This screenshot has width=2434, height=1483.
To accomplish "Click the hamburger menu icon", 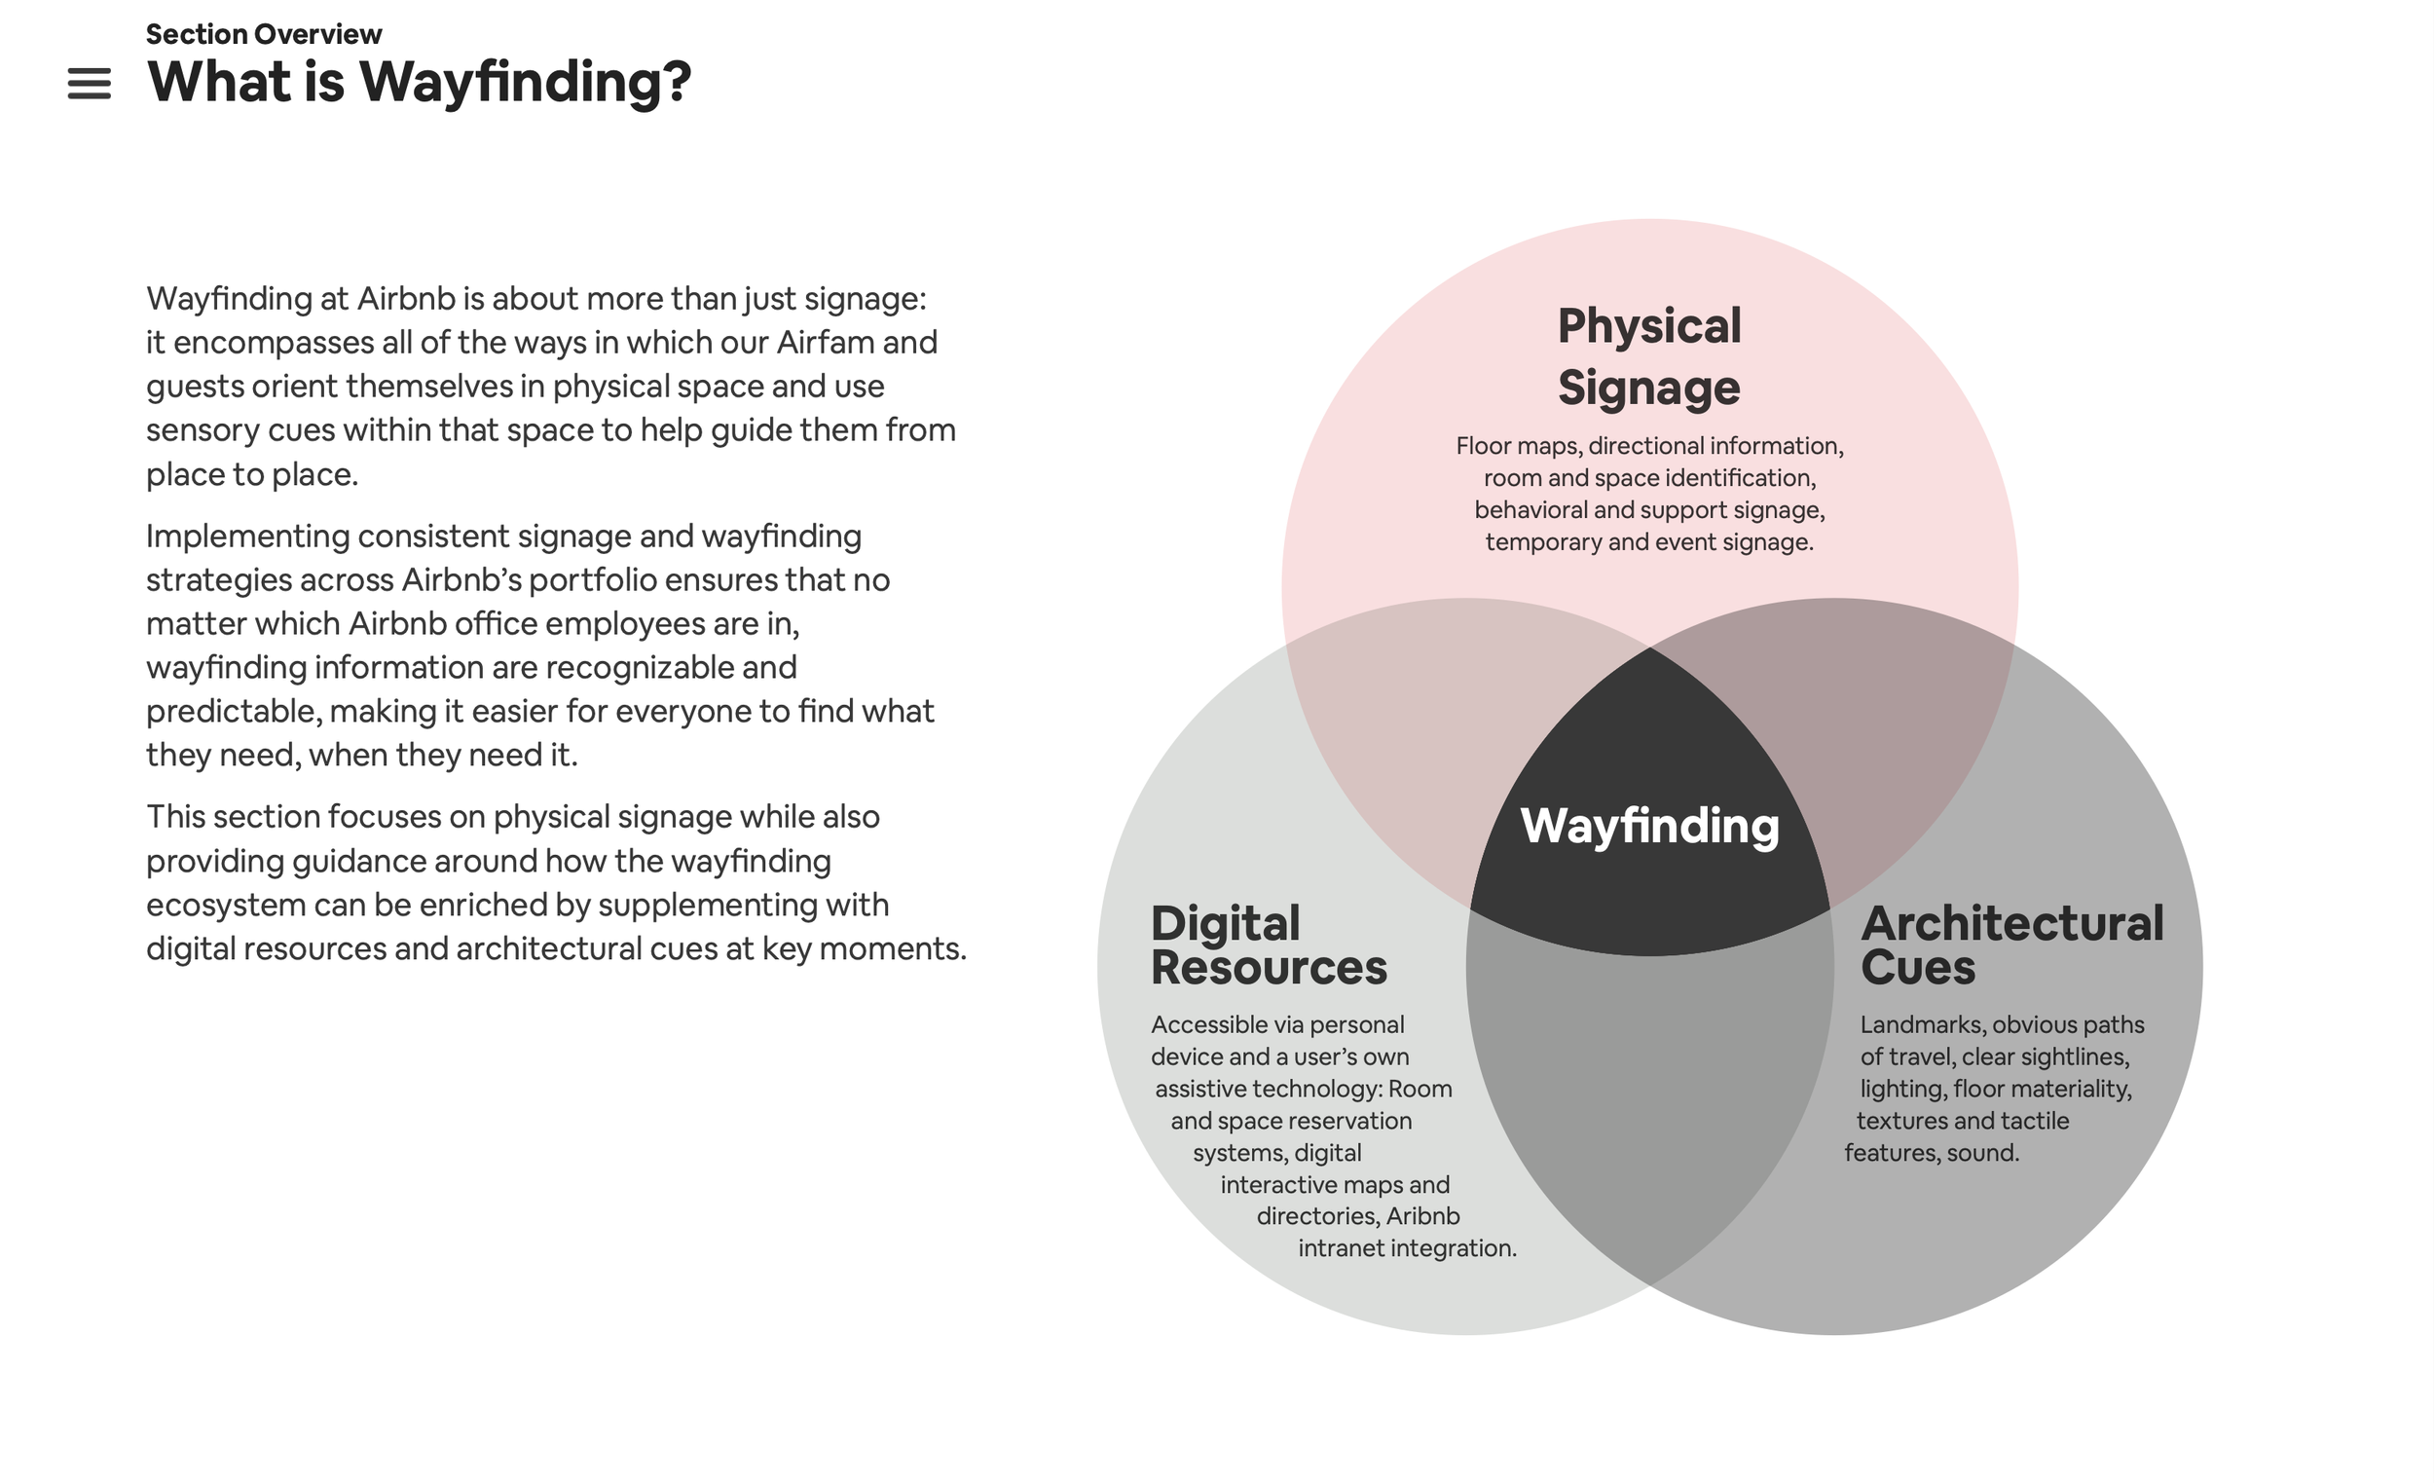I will click(x=89, y=84).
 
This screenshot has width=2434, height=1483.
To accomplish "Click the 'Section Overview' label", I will click(x=263, y=35).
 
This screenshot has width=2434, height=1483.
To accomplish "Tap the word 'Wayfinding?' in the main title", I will click(x=526, y=82).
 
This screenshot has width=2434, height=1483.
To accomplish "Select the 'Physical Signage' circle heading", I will click(x=1648, y=356).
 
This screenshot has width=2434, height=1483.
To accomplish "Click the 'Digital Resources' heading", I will click(x=1269, y=945).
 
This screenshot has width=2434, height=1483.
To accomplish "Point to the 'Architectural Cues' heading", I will click(x=2011, y=945).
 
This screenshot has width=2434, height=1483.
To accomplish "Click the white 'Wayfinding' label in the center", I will click(x=1648, y=826).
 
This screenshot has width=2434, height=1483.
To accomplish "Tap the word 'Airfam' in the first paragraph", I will click(x=825, y=343).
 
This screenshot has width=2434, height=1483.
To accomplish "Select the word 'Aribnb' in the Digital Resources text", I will click(x=1422, y=1216).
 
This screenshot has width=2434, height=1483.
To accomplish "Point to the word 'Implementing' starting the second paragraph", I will click(x=247, y=537).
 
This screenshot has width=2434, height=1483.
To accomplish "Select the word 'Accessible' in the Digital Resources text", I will click(x=1214, y=1025).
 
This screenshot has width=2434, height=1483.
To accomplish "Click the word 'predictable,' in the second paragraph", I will click(x=233, y=712).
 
